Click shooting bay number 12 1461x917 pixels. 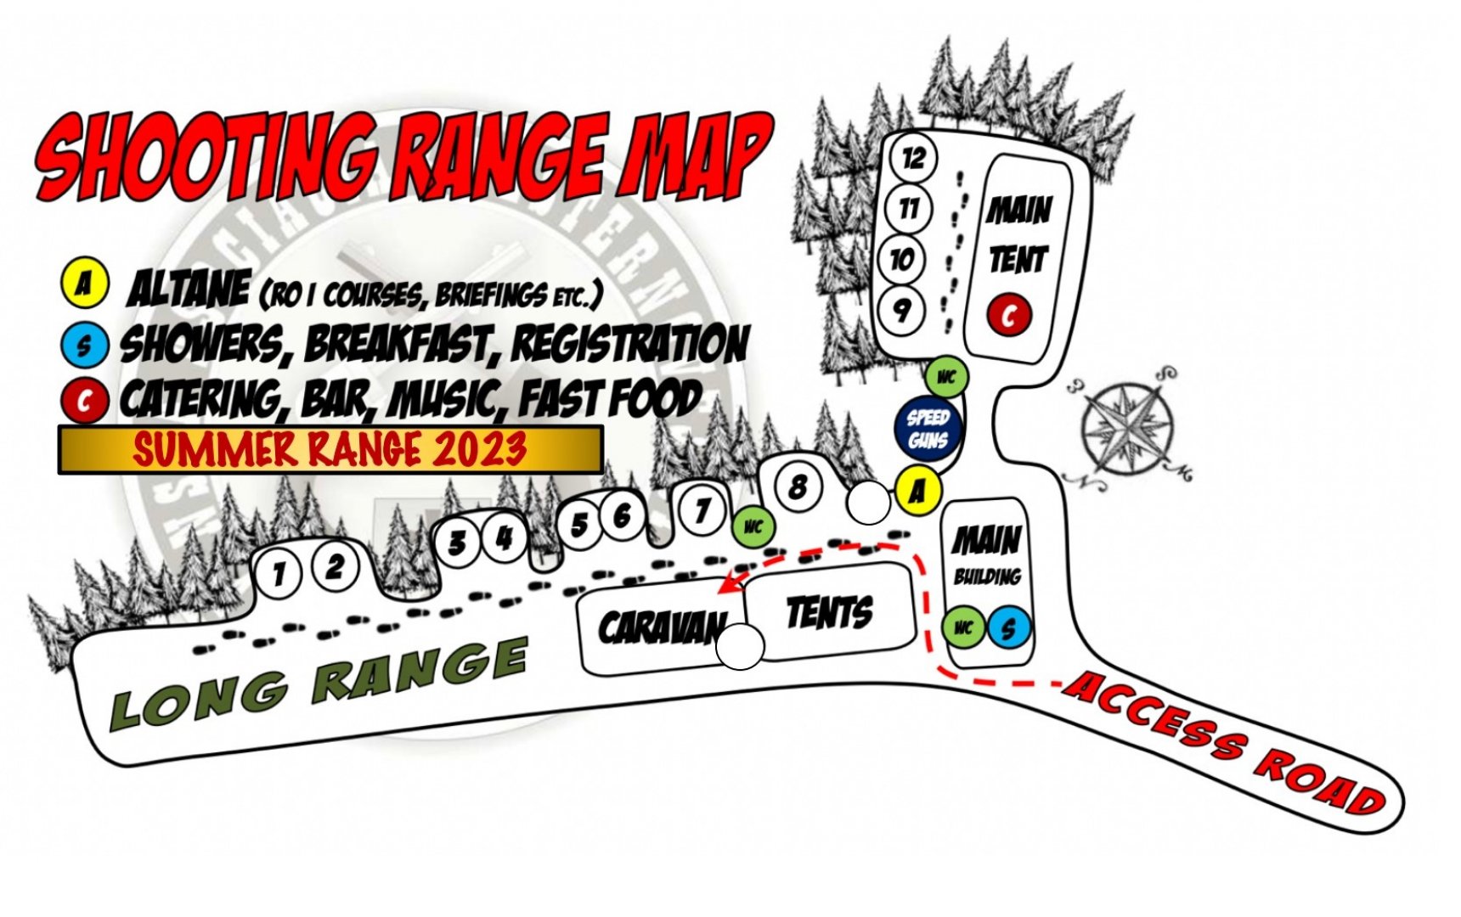(913, 158)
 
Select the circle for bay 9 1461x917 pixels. (901, 311)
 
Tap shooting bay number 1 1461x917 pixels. (278, 575)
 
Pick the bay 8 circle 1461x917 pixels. (798, 487)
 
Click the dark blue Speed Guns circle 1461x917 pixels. (928, 429)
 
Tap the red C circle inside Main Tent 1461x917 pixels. (1009, 316)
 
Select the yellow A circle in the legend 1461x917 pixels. (83, 284)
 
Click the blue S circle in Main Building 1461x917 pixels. (1009, 628)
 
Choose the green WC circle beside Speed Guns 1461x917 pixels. (946, 378)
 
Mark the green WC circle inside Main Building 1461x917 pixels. (963, 628)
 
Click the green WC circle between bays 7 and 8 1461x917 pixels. (753, 527)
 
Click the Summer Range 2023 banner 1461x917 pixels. (330, 449)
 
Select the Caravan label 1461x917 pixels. (661, 627)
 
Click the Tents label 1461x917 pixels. (829, 611)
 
